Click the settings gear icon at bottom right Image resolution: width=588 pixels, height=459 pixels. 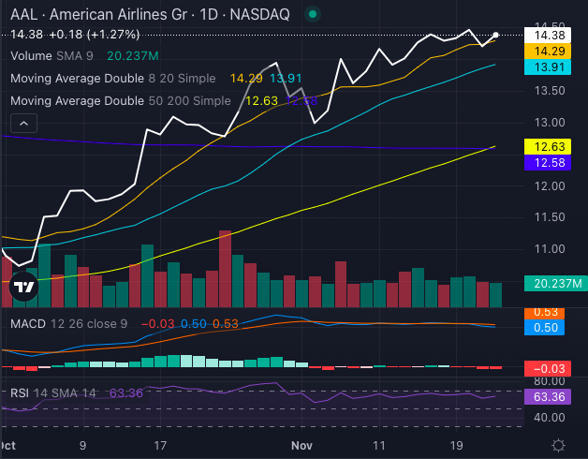pyautogui.click(x=558, y=445)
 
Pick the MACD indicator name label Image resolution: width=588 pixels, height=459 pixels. pyautogui.click(x=28, y=323)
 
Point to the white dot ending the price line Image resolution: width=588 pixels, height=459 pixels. pyautogui.click(x=495, y=36)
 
